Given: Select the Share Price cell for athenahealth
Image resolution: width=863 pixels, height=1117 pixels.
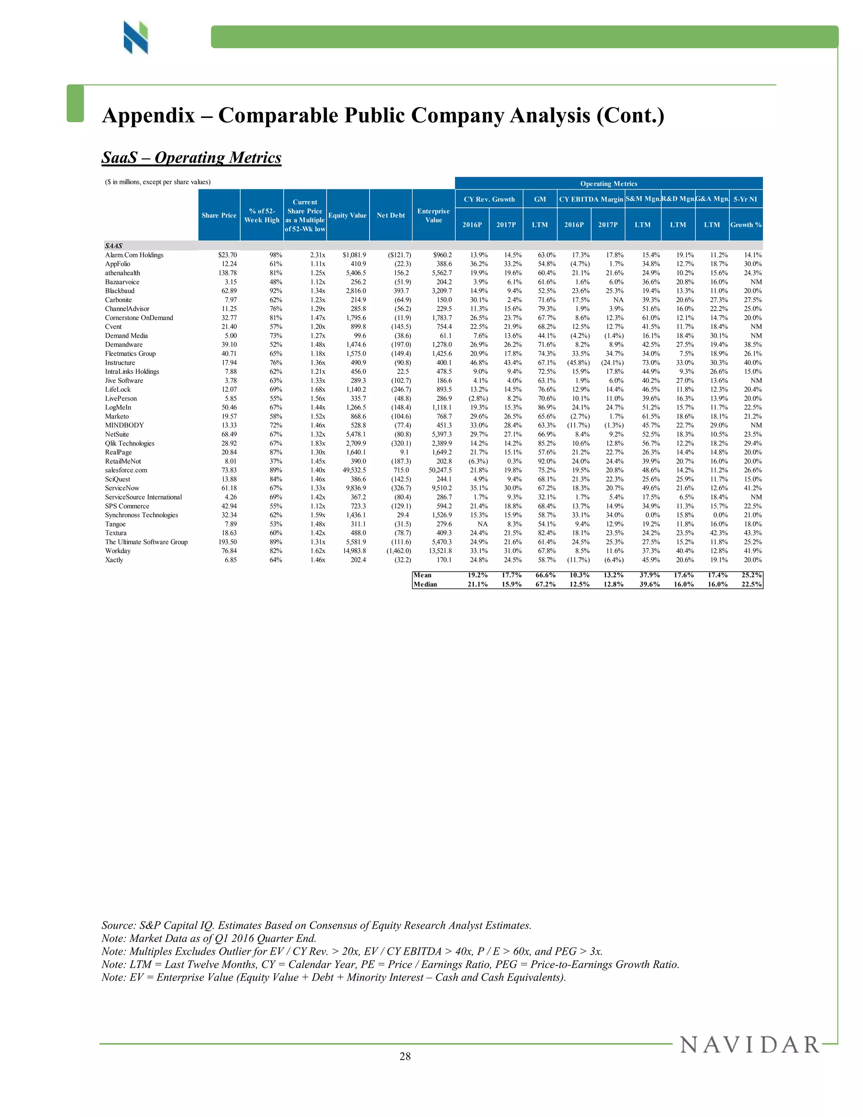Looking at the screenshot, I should (228, 273).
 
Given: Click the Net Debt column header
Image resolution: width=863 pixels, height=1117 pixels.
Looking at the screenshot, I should (391, 215).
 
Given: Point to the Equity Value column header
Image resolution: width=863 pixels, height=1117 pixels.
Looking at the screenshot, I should (348, 215).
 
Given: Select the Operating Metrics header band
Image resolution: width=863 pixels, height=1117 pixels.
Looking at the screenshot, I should (608, 184).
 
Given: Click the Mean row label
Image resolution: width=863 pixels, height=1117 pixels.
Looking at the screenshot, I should (422, 575).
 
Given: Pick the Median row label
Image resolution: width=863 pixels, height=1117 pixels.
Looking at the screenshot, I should (425, 584).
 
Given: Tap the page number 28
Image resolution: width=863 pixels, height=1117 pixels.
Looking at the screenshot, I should (405, 1057).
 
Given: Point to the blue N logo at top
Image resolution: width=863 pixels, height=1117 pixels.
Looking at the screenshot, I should (136, 38).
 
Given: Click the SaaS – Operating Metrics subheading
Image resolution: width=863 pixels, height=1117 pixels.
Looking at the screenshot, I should (191, 158).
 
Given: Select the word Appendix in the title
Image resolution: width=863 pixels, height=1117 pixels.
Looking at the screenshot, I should (148, 115).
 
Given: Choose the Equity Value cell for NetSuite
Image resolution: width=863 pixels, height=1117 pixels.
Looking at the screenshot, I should (355, 434).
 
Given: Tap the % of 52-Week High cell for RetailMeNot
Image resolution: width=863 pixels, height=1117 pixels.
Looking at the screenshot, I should (276, 461).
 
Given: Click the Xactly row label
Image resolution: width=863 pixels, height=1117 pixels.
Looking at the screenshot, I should (114, 560).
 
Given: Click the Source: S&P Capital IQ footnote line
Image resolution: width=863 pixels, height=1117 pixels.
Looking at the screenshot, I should (316, 925).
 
